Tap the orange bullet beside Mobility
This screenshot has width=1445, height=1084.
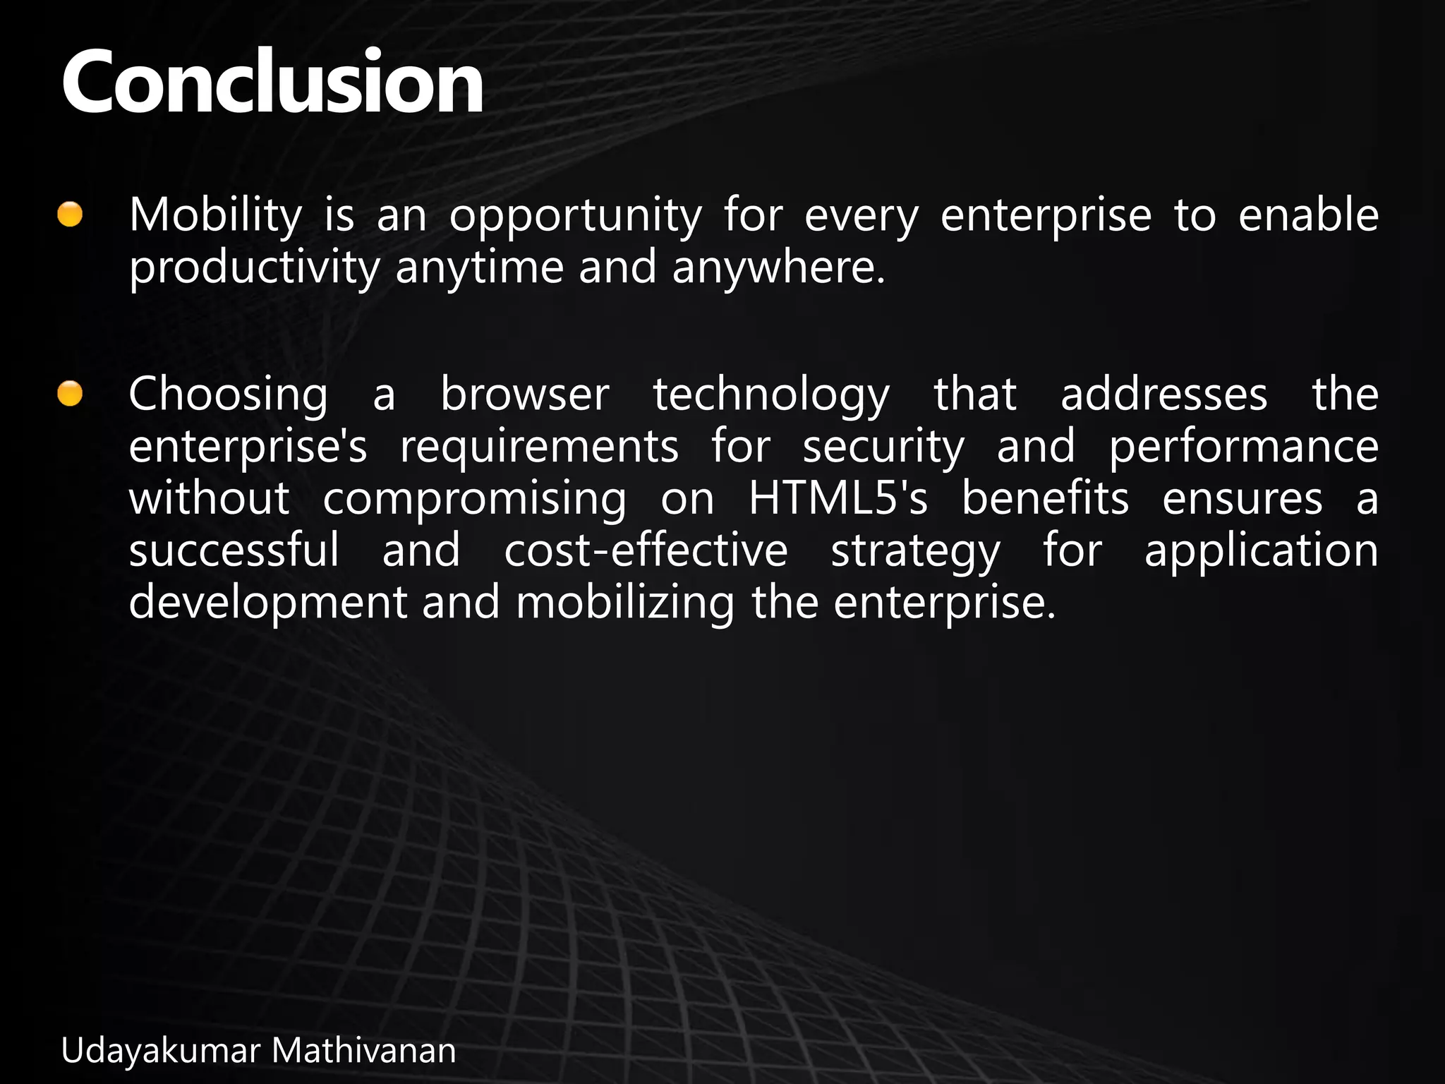(x=70, y=215)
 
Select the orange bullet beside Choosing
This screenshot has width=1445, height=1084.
(x=70, y=394)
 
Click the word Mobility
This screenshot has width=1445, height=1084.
(x=215, y=216)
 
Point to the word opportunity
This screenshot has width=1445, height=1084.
(x=576, y=217)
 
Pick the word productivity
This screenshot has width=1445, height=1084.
(x=254, y=270)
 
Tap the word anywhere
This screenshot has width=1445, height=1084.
(x=778, y=270)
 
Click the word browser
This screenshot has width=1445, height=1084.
(x=525, y=395)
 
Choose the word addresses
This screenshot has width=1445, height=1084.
(x=1164, y=395)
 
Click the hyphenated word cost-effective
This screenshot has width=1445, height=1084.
(x=646, y=552)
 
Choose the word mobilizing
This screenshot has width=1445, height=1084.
(x=625, y=604)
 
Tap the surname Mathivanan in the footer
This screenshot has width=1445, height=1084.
(x=364, y=1052)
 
